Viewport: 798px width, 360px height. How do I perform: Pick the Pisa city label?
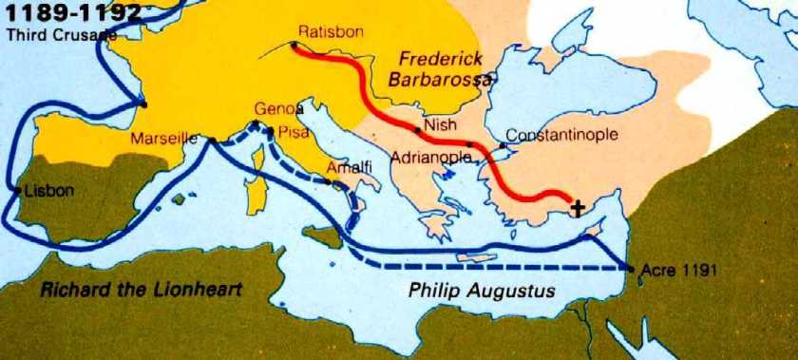(x=290, y=132)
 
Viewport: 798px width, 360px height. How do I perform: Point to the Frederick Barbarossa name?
(x=442, y=68)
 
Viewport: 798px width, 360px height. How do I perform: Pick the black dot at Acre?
(x=631, y=269)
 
